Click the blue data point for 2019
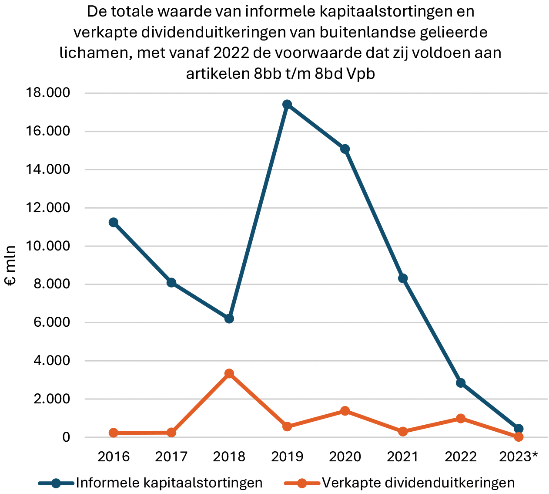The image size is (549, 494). [287, 104]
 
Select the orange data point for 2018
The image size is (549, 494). [229, 374]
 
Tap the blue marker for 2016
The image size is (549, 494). [114, 222]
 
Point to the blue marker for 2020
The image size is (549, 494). [345, 149]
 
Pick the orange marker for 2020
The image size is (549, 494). [345, 411]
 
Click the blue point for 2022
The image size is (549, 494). [461, 383]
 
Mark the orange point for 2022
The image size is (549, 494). [461, 419]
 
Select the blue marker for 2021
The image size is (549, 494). [403, 278]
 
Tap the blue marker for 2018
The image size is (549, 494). [229, 318]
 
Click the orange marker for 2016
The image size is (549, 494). [114, 433]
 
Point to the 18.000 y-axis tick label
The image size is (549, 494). [49, 93]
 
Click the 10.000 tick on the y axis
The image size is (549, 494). [49, 246]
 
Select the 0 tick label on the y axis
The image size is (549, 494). [66, 437]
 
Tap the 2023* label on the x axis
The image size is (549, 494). [519, 457]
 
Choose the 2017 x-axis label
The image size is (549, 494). [171, 457]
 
